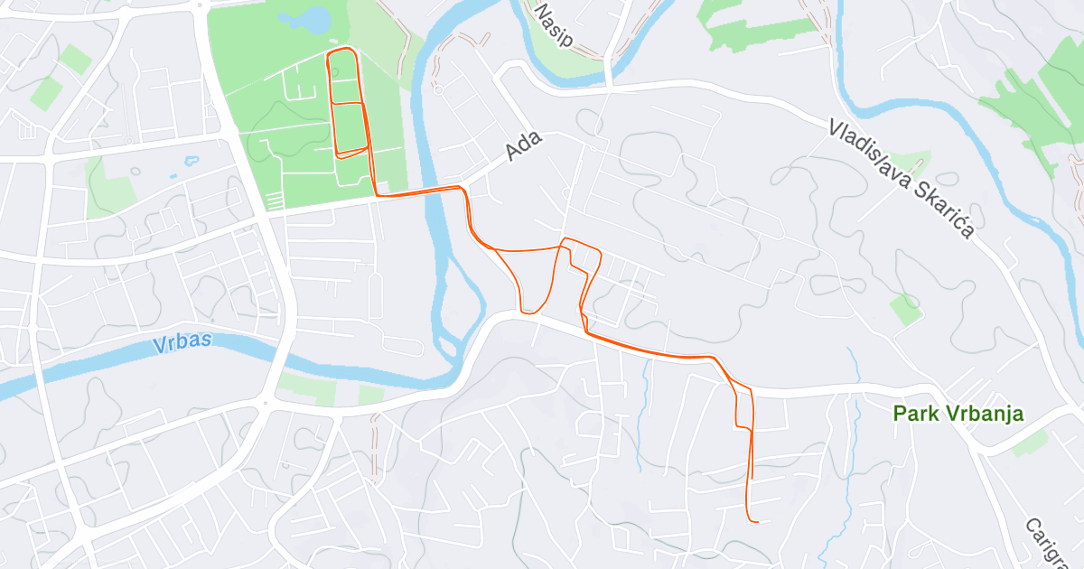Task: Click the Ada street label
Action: (524, 145)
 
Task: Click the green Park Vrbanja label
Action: (958, 414)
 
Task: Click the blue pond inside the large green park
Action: (306, 18)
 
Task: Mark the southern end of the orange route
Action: (757, 521)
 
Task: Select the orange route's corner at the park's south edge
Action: (375, 194)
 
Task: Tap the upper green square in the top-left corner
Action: (77, 59)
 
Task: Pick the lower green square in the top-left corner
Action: (46, 93)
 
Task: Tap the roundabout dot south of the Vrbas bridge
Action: (265, 403)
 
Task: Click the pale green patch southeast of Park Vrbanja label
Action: (1030, 443)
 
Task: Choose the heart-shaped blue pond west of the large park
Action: (191, 162)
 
